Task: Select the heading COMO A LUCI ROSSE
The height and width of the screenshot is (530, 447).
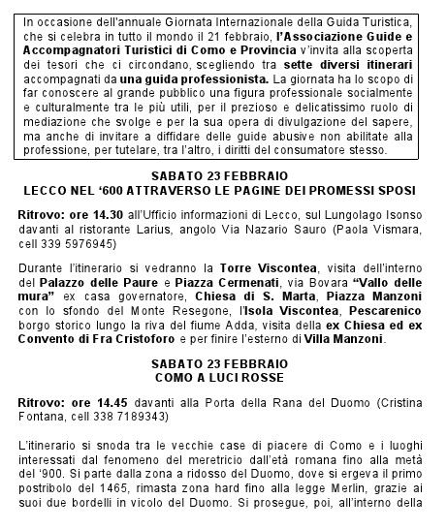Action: point(222,376)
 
